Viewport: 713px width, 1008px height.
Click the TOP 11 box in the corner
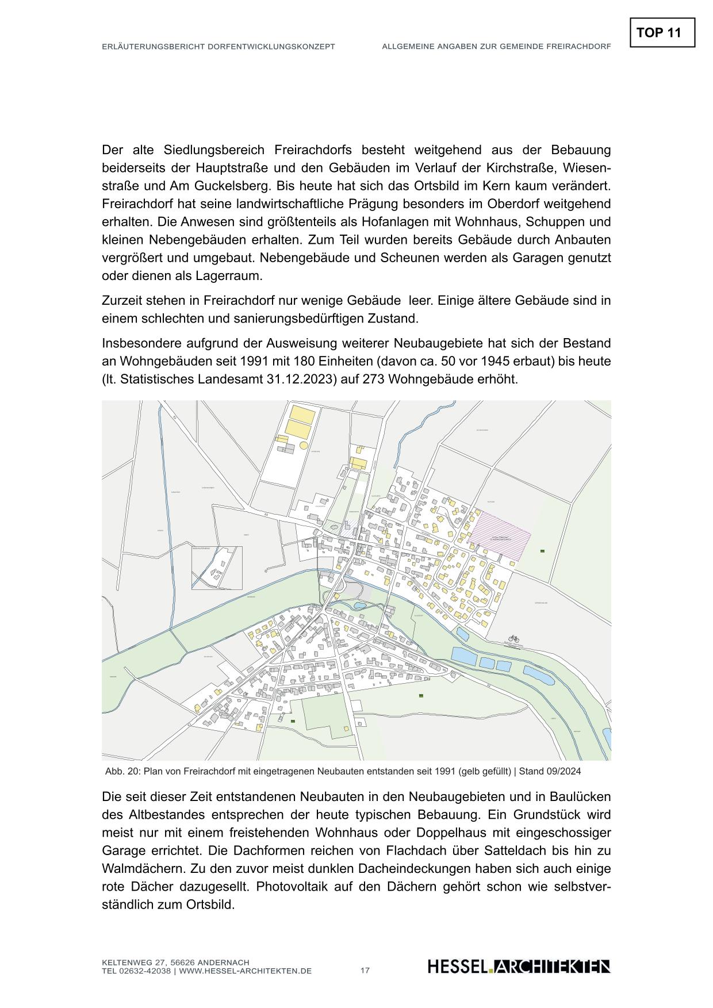[662, 33]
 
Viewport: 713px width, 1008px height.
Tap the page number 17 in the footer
[365, 971]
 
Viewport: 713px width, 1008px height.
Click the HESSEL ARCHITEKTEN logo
[519, 967]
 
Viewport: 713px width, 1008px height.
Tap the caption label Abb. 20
[122, 771]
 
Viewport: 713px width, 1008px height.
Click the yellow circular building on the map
[304, 444]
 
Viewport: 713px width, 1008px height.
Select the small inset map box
[217, 568]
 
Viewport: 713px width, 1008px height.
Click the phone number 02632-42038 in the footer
[143, 971]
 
